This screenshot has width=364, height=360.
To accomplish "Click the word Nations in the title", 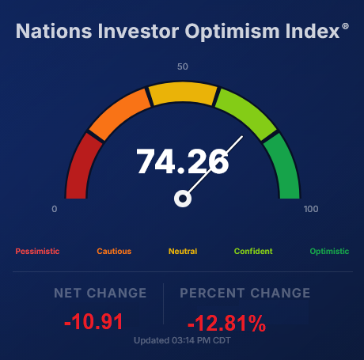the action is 54,31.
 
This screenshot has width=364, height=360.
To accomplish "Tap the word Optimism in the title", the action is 232,32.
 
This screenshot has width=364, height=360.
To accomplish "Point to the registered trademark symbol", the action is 345,26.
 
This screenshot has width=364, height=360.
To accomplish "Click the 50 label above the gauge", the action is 183,66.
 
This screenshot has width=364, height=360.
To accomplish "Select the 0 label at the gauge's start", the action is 55,209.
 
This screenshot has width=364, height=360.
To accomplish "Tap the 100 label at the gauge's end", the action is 311,209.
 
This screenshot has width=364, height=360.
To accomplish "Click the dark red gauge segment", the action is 81,167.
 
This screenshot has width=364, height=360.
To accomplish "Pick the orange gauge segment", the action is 119,113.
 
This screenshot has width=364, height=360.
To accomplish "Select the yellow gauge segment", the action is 183,93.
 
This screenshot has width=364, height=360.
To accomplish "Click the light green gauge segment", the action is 246,113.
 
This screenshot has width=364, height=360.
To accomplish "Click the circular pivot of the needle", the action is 183,199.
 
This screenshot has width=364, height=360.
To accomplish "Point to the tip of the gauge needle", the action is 242,136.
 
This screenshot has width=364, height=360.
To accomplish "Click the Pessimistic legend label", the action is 37,251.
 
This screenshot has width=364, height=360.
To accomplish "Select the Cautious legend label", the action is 114,251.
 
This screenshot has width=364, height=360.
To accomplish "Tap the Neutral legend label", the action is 183,251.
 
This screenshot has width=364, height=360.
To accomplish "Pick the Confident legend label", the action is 253,251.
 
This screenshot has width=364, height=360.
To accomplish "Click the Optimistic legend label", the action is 329,251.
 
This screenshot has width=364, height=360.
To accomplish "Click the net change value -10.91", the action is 93,321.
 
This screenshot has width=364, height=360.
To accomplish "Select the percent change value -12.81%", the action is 226,323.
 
